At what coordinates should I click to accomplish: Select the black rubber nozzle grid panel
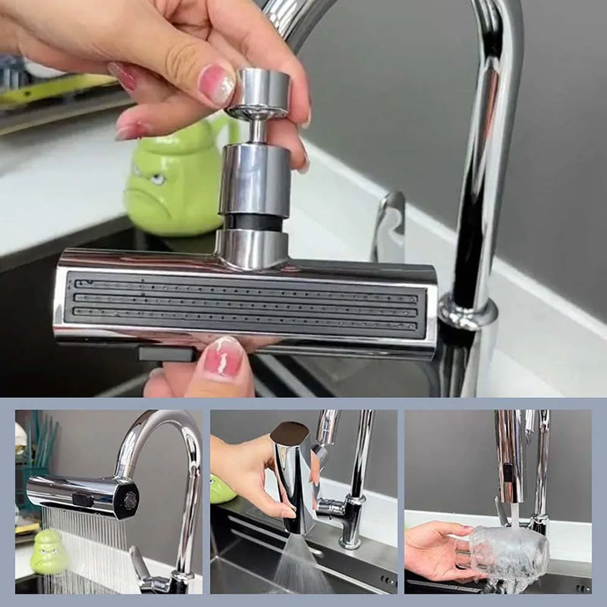[246, 302]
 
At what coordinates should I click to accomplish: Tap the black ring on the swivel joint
[253, 222]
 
